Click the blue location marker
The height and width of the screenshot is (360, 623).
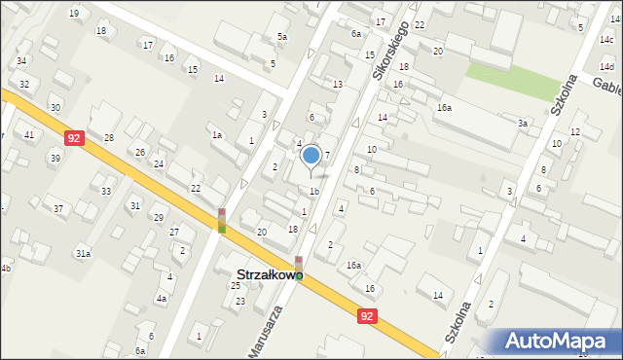311,155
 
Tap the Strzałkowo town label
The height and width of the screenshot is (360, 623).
266,275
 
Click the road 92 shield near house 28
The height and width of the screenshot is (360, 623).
75,139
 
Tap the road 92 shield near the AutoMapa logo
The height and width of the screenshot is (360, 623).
366,317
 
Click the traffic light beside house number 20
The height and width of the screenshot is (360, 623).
222,221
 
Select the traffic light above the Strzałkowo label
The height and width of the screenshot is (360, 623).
299,263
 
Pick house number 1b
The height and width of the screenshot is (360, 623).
313,191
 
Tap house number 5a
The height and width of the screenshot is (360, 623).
281,37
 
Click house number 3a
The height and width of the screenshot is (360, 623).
523,124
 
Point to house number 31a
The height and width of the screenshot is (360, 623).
84,253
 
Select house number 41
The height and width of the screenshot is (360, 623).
29,134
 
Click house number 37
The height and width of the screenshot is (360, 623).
59,209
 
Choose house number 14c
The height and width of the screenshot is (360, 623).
605,40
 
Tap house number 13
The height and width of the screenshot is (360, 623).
337,85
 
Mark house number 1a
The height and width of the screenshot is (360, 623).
217,135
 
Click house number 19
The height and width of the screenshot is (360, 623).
74,13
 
